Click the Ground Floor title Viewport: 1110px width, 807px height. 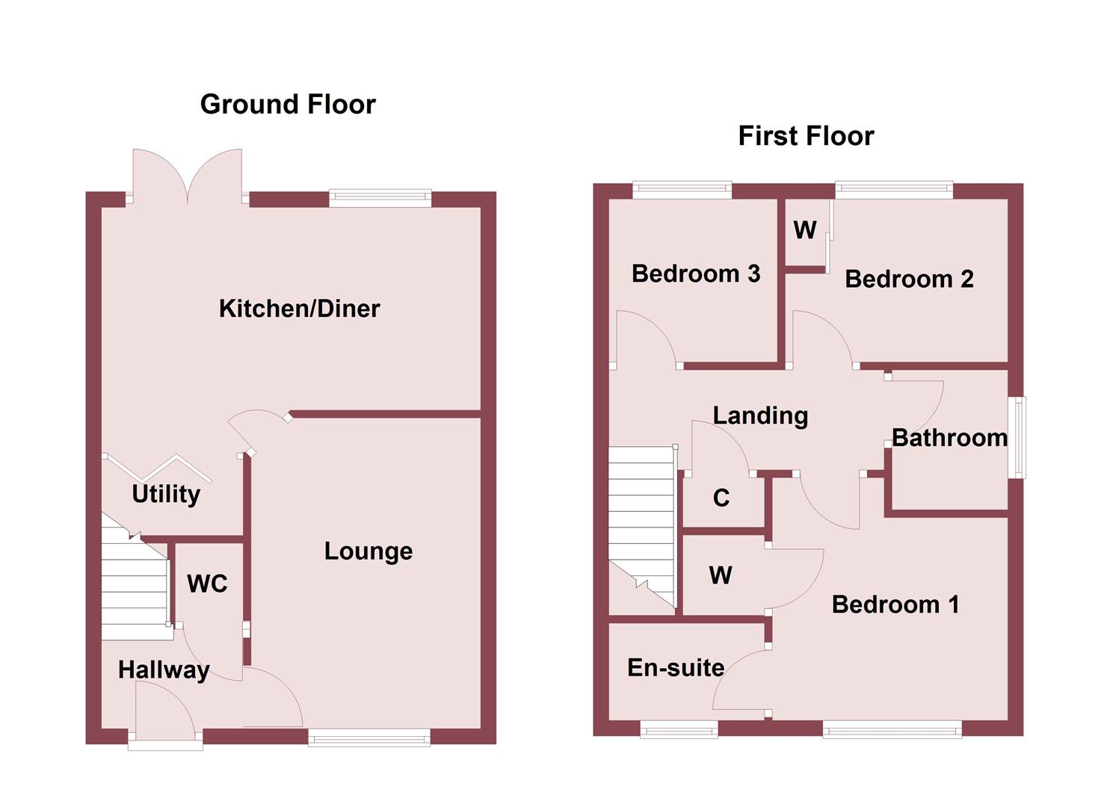point(288,105)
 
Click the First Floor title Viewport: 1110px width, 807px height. point(806,136)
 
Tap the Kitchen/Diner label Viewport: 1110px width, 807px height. point(299,309)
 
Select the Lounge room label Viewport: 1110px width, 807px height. point(368,551)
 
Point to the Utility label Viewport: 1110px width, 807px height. point(166,494)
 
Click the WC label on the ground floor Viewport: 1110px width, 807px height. point(207,584)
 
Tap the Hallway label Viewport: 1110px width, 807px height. point(164,670)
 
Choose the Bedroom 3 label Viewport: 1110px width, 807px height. point(695,274)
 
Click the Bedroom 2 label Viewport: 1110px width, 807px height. point(909,279)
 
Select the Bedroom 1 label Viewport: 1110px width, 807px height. point(895,605)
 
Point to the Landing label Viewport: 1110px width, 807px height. point(760,415)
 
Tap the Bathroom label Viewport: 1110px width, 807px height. point(949,438)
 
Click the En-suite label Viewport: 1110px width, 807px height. point(676,667)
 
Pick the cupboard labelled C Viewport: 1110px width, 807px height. point(721,498)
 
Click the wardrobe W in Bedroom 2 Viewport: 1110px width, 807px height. point(804,230)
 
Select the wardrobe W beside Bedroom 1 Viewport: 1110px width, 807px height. point(721,575)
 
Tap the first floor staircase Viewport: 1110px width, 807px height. point(641,523)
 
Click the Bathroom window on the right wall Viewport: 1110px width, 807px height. point(1018,437)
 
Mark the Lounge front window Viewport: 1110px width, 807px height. point(369,738)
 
